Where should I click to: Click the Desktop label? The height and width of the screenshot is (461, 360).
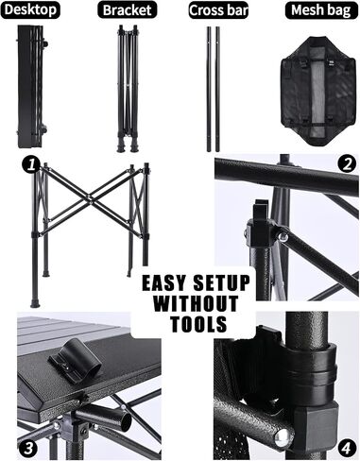click(x=30, y=9)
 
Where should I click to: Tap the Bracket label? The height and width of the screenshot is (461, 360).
click(x=127, y=9)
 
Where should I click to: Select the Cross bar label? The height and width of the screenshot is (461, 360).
click(x=218, y=10)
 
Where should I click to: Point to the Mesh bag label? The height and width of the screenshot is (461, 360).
click(x=321, y=10)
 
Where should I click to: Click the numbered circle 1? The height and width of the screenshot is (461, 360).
click(x=31, y=164)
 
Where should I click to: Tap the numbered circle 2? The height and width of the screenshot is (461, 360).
click(x=347, y=164)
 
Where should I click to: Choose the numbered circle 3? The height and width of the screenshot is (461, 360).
click(x=28, y=448)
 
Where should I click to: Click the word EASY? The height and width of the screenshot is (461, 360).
click(x=163, y=283)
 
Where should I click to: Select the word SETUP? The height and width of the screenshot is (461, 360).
click(x=222, y=282)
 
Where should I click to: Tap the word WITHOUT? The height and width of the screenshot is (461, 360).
click(x=196, y=303)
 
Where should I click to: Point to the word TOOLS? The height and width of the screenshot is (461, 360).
click(x=199, y=324)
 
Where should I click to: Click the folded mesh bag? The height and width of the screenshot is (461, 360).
click(x=317, y=92)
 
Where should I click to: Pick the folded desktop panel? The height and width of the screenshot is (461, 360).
click(x=31, y=86)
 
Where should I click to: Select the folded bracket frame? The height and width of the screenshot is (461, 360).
click(x=128, y=88)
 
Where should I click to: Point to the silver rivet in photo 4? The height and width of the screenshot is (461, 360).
click(x=282, y=437)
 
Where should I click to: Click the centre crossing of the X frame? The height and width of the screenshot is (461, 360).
click(x=90, y=199)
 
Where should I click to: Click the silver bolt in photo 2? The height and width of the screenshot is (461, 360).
click(x=283, y=236)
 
